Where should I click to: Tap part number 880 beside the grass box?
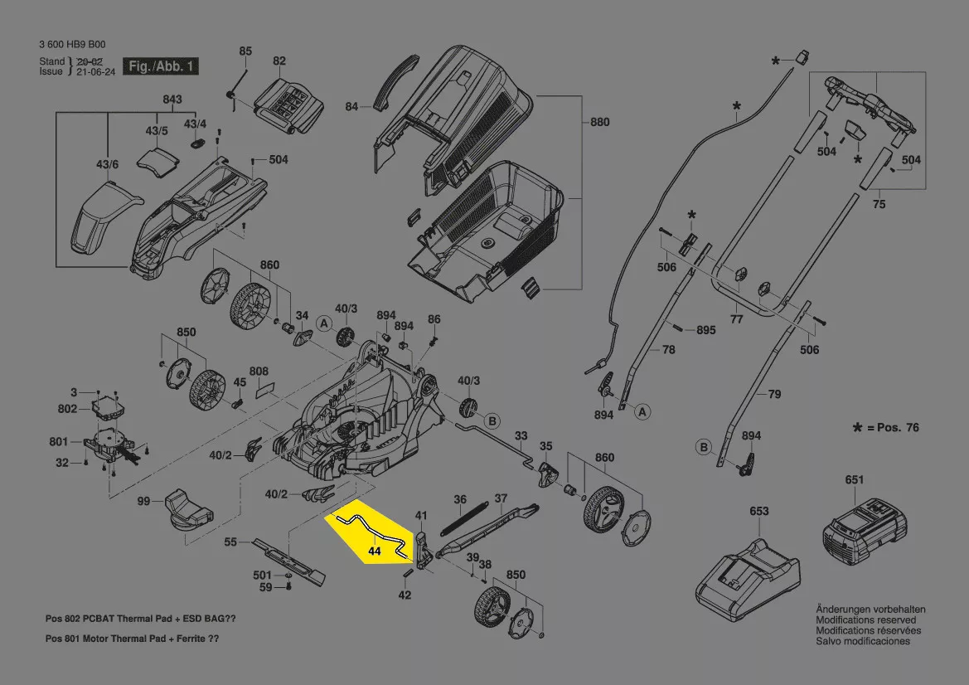(x=599, y=122)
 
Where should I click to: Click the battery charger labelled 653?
(x=747, y=573)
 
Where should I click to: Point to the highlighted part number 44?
(x=374, y=551)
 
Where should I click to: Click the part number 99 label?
(x=143, y=501)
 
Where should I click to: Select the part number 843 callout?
(x=172, y=100)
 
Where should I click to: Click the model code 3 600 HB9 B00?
(x=72, y=45)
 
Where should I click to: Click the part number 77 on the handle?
(x=736, y=319)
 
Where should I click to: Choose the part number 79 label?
(x=774, y=394)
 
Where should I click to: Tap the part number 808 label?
(x=259, y=371)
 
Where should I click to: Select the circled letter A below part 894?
(x=643, y=411)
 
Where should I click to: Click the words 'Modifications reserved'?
(x=866, y=620)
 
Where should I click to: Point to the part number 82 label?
(x=279, y=61)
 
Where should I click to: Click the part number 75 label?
(x=879, y=204)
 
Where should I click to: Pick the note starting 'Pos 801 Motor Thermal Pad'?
(x=132, y=639)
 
